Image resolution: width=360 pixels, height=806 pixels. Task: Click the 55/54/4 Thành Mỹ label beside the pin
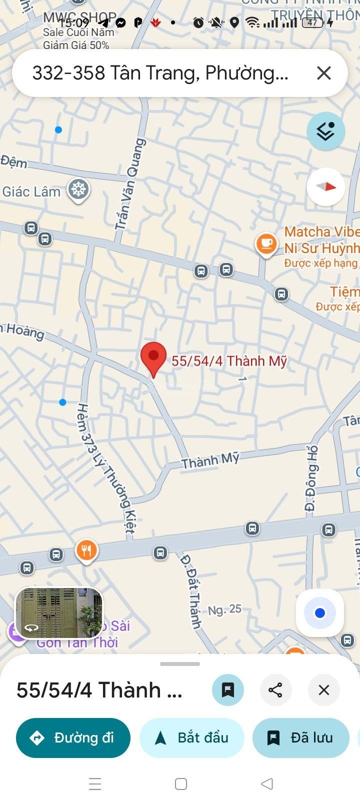(x=229, y=361)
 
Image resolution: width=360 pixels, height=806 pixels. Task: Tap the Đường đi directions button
(x=73, y=737)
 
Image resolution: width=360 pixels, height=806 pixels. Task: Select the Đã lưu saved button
(x=300, y=737)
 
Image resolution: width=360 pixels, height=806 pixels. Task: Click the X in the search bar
(x=324, y=73)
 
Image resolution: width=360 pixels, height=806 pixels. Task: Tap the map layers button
(x=326, y=131)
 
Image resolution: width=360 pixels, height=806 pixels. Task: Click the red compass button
(x=326, y=187)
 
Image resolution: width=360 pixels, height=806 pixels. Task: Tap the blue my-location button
(x=320, y=613)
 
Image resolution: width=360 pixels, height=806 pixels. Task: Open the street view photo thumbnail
(x=59, y=613)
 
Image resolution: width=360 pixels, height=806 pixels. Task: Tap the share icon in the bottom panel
(x=275, y=690)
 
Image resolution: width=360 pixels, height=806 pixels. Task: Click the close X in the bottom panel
(x=324, y=690)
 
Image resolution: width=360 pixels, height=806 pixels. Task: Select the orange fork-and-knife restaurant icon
(x=86, y=550)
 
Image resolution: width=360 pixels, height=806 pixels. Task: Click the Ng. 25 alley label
(x=224, y=609)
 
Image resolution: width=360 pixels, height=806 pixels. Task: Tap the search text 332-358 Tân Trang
(x=160, y=73)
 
